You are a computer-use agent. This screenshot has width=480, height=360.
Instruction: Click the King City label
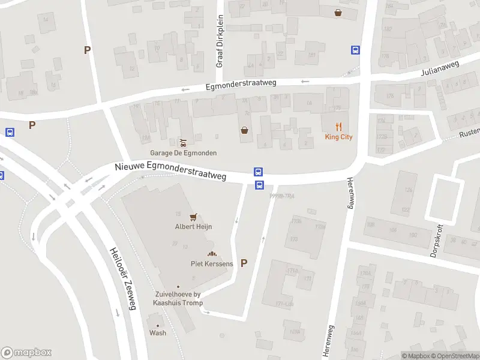coord(339,137)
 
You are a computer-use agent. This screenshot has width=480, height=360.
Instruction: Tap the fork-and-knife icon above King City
coord(339,126)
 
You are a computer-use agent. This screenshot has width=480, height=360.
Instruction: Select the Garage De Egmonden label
coord(184,153)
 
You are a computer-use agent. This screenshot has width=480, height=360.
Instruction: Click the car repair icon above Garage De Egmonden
coord(183,142)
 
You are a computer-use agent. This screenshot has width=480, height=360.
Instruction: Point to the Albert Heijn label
coord(193,227)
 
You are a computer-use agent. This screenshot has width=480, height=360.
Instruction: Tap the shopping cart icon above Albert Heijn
coord(193,217)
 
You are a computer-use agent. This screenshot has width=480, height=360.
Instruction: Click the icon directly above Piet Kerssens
coord(211,254)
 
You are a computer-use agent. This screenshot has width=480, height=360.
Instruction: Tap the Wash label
coord(158,333)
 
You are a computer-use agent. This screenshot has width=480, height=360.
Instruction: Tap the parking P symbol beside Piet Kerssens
coord(244,263)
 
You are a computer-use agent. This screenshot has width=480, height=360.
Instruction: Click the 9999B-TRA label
coord(281,196)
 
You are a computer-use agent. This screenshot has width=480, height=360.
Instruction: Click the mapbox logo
coord(26,352)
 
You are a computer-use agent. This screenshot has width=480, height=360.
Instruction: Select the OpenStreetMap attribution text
coord(455,356)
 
